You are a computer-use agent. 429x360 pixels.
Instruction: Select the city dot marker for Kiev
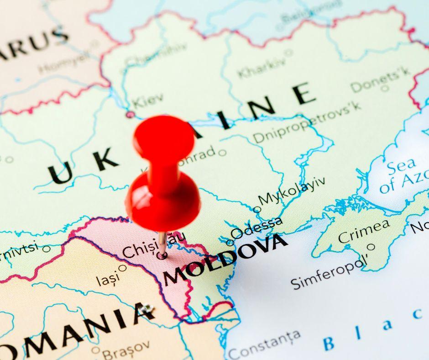(x=130, y=114)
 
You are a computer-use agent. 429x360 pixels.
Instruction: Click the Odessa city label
(x=257, y=228)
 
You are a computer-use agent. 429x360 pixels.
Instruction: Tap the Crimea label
(x=364, y=231)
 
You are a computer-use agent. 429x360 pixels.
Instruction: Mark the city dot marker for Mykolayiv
(x=257, y=210)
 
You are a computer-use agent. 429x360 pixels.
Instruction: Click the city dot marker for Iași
(x=122, y=268)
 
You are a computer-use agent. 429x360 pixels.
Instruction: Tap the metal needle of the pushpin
(x=162, y=242)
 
